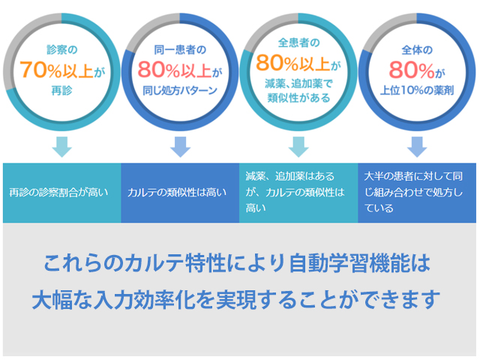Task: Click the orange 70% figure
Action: [40, 70]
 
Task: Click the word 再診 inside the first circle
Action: [61, 91]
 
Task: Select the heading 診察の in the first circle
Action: [61, 49]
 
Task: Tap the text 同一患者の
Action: [180, 49]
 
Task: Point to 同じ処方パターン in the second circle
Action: [180, 91]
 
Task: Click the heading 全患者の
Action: [298, 43]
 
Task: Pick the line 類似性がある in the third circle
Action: [298, 98]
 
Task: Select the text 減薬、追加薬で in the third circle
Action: [298, 83]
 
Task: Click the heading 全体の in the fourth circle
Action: [417, 49]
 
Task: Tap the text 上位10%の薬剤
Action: [417, 91]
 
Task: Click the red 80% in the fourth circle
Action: [412, 70]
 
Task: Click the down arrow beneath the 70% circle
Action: [61, 147]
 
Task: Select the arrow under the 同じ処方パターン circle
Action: [180, 147]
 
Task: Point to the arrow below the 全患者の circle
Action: [298, 147]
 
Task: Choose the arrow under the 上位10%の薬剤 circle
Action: [417, 147]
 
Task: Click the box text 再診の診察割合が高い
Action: [58, 193]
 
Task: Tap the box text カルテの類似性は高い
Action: [177, 193]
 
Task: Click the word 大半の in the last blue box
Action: [379, 176]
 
